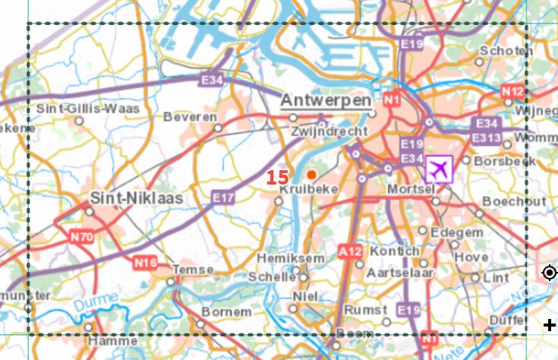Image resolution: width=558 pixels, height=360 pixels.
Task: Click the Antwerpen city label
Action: [x=326, y=101]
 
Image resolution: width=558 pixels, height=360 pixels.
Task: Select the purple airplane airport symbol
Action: [x=439, y=169]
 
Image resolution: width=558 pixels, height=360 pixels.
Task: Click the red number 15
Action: [x=278, y=176]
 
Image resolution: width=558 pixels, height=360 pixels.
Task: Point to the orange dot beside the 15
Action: [x=311, y=175]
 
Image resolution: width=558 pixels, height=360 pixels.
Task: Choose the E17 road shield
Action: [x=223, y=198]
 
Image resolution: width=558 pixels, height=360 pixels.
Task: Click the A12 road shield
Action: [x=351, y=251]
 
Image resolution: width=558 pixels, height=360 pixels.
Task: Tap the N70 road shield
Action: [x=80, y=237]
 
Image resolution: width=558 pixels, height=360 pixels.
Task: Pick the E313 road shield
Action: [x=484, y=137]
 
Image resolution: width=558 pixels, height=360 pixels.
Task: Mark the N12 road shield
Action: [x=513, y=92]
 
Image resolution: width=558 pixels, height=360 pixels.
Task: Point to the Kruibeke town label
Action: [x=308, y=189]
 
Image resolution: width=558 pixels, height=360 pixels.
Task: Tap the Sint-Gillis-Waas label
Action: [x=88, y=109]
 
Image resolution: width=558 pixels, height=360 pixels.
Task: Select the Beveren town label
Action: [x=189, y=118]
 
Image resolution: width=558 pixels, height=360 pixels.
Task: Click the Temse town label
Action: [x=188, y=270]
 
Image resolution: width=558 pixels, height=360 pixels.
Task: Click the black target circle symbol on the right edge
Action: [x=550, y=273]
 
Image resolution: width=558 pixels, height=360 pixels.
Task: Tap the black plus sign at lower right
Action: [x=550, y=326]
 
